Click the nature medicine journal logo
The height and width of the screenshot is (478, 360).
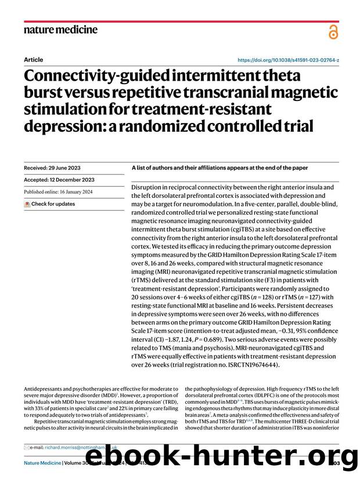coord(60,29)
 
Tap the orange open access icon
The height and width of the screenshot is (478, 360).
coord(333,32)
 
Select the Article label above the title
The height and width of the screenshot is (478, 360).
coord(33,60)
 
